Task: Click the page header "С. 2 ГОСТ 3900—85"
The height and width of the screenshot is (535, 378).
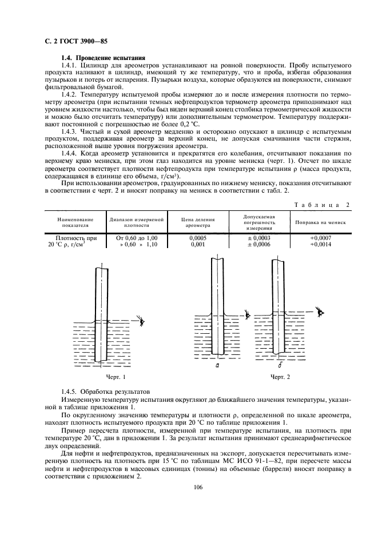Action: click(75, 42)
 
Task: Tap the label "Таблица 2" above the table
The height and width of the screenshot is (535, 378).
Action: click(321, 205)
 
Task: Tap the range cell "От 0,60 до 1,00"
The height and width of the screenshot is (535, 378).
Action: click(136, 237)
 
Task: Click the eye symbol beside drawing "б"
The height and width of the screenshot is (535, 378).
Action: click(321, 312)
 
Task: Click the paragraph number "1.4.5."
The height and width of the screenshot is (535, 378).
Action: click(71, 394)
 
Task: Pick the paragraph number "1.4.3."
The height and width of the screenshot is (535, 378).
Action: click(71, 131)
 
